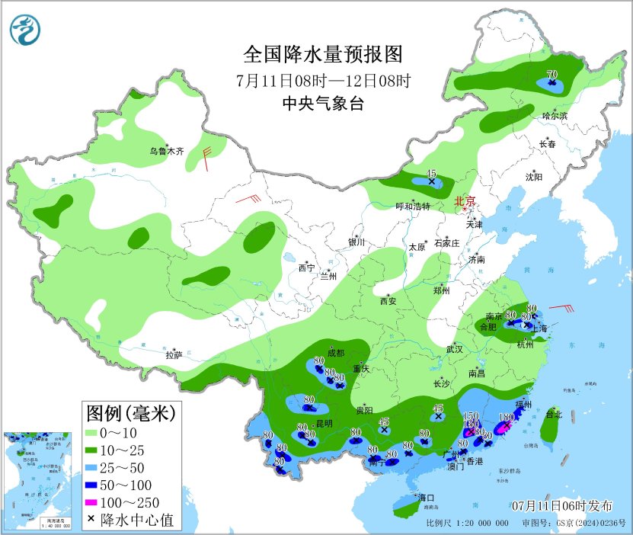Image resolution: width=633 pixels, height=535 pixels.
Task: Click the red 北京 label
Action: [x=465, y=201]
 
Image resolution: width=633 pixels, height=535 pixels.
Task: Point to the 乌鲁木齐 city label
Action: [x=167, y=152]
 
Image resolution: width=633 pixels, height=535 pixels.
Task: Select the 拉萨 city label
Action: [x=174, y=354]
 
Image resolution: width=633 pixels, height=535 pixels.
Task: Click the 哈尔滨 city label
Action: [x=555, y=116]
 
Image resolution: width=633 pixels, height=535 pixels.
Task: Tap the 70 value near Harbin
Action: [x=552, y=75]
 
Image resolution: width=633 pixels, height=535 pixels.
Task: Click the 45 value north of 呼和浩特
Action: [x=431, y=174]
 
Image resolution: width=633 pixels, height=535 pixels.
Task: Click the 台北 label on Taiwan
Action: [x=554, y=415]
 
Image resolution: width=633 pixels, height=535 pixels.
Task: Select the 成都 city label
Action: [x=336, y=353]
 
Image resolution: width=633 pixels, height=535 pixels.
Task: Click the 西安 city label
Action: [x=388, y=301]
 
